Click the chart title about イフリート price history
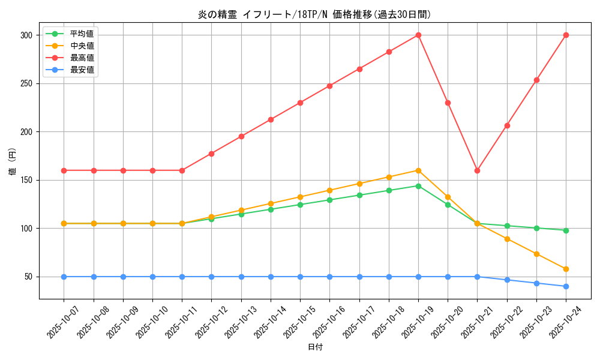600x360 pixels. pos(314,15)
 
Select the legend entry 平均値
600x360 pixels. pos(82,34)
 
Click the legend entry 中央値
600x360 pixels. pos(82,46)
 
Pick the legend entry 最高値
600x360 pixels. pos(82,58)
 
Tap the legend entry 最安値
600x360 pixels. pos(82,70)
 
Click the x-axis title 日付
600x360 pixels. pos(314,347)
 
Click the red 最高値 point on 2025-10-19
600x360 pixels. pos(418,35)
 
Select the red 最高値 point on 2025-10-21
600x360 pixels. pos(477,170)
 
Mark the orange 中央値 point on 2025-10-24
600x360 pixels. pos(566,269)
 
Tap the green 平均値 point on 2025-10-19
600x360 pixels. pos(418,186)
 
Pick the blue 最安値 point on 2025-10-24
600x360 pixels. pos(566,286)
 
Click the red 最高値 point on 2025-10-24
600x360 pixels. pos(566,35)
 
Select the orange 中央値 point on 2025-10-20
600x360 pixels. pos(448,197)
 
